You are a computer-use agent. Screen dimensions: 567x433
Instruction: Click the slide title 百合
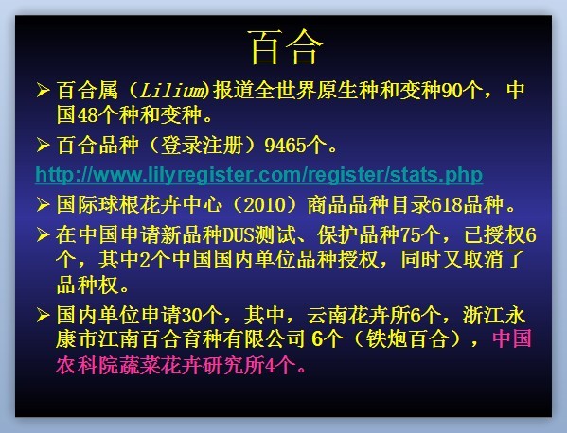pos(286,47)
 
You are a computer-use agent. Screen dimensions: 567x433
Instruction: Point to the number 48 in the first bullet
pos(88,115)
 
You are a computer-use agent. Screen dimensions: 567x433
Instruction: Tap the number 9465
pos(285,146)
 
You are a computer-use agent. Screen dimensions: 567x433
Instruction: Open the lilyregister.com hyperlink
pos(259,175)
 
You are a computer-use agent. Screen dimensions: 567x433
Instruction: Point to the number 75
pos(411,235)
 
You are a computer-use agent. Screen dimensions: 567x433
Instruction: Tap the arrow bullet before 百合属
pos(43,90)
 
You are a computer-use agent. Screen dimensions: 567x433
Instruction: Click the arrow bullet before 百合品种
pos(43,146)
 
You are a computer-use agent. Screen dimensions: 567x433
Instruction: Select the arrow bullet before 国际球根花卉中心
pos(43,205)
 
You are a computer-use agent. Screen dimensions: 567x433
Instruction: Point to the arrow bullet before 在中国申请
pos(43,235)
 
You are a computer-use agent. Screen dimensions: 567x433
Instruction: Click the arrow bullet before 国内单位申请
pos(43,315)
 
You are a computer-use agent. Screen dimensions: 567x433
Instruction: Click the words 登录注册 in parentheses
pos(202,146)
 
